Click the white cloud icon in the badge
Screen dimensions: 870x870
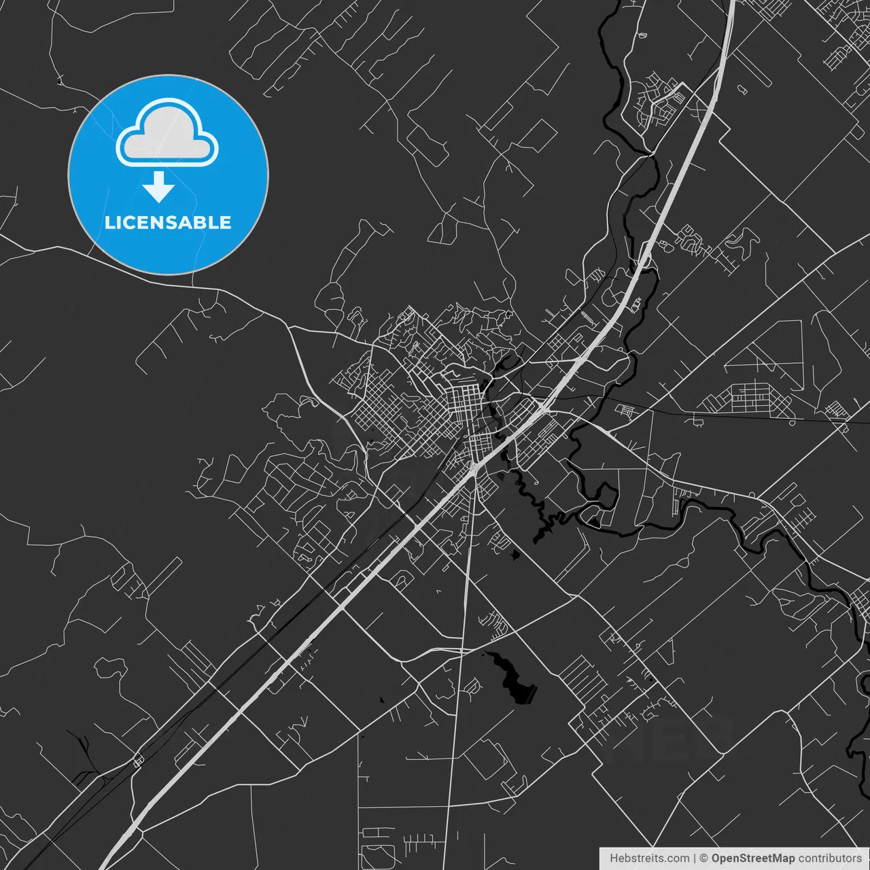pos(167,135)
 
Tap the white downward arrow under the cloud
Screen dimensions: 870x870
pos(159,188)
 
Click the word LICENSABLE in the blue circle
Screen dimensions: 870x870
pos(168,222)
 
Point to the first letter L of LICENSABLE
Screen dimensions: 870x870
pos(109,222)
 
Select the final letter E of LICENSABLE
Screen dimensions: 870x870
pos(225,222)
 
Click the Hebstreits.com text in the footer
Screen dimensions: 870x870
pos(649,858)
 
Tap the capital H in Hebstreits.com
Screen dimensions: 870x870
pos(614,858)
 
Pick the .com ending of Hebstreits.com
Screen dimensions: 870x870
pos(678,858)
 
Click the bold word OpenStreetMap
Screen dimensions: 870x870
pos(752,858)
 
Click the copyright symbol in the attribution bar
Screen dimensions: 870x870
pos(703,858)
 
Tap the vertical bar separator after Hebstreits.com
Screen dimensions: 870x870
pos(694,858)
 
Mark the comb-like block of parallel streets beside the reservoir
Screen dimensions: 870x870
pos(578,673)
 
